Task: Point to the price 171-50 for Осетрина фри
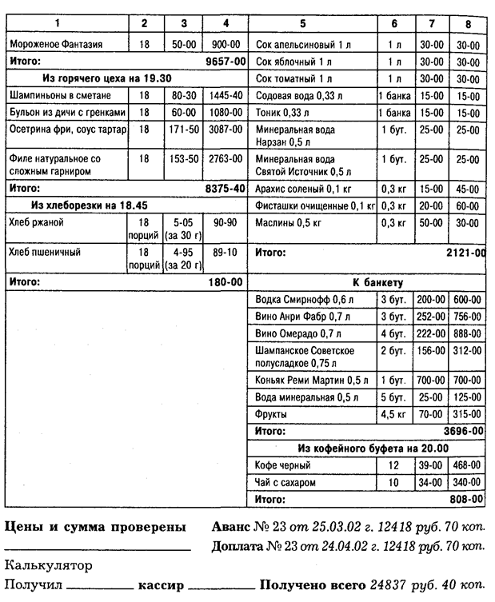click(184, 129)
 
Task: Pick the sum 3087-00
click(225, 129)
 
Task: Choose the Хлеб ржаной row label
click(36, 222)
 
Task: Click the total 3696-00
click(465, 430)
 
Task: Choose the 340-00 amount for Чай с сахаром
click(466, 482)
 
